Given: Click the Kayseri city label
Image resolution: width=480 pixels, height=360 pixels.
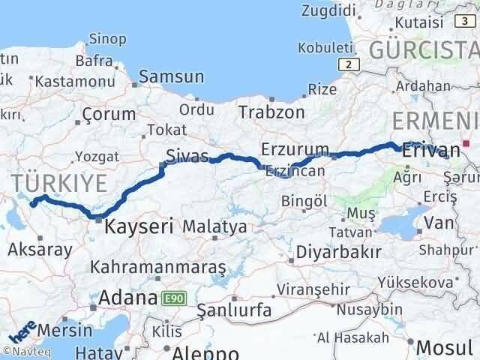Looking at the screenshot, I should point(139,225).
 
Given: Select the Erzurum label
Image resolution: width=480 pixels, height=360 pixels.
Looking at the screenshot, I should point(295,148).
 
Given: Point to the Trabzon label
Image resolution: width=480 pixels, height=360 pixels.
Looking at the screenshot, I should point(271,112).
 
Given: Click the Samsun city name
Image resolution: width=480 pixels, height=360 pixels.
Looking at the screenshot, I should point(171,76).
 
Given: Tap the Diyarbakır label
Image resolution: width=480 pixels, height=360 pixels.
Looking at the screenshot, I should point(339,251).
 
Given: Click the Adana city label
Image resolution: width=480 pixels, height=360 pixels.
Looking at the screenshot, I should point(124,298).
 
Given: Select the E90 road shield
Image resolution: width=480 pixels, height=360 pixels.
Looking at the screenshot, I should point(170,298).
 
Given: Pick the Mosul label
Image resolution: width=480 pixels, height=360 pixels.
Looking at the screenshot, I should point(445,347).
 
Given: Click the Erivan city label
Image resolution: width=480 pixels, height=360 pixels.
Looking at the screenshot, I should point(430,150).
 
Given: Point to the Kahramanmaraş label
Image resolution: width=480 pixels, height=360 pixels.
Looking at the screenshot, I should point(169,267).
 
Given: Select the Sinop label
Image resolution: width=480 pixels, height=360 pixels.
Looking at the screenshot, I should point(107,39).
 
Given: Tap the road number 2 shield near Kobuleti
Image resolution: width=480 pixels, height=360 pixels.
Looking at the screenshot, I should point(347,64).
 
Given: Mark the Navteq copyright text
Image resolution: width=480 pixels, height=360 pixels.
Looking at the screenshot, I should point(25,350).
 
